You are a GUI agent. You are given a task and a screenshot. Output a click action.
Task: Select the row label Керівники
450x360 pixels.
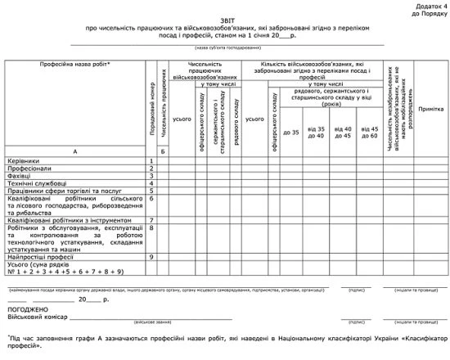coord(23,161)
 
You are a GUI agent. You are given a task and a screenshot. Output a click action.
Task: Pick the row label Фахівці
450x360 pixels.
coord(20,176)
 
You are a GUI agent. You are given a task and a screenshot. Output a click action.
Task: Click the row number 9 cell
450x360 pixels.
coord(152,257)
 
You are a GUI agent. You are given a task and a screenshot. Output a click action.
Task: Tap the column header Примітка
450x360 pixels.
coord(430,108)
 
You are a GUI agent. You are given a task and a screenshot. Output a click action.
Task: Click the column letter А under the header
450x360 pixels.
coord(74,152)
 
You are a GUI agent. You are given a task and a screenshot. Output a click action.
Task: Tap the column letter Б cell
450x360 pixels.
coord(164,152)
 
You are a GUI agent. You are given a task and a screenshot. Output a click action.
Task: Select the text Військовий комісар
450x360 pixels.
coord(38,318)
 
